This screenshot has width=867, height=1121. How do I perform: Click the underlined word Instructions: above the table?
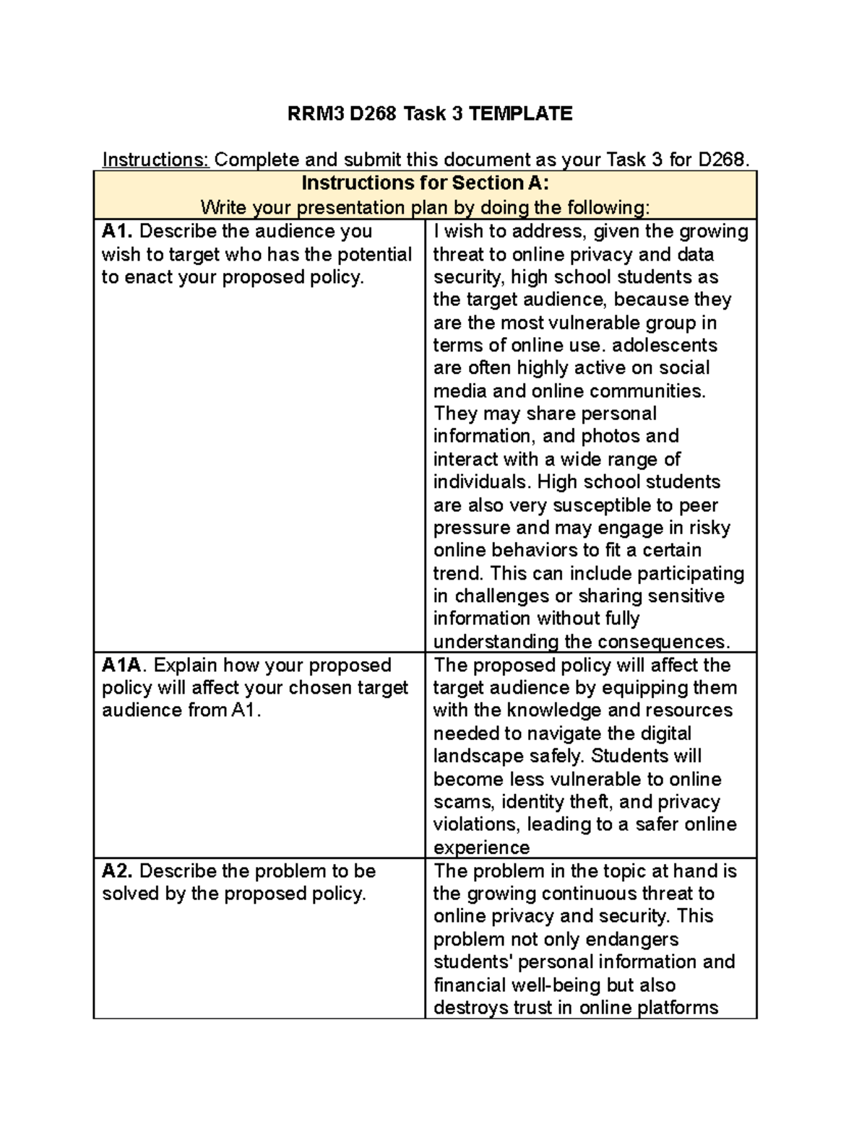click(155, 160)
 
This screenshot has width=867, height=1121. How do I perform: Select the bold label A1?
click(118, 231)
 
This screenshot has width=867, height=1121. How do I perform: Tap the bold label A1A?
click(125, 665)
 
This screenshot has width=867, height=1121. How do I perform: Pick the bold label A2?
click(118, 871)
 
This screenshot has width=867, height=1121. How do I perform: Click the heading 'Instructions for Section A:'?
click(425, 183)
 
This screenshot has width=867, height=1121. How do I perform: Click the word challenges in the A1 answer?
click(503, 596)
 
